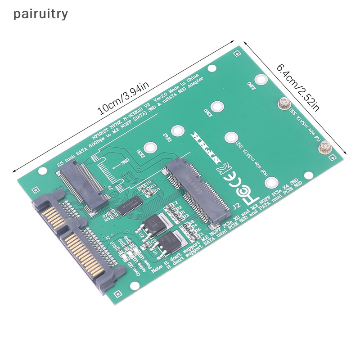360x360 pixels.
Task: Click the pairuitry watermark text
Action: click(40, 14)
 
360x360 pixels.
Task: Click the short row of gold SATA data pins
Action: click(49, 216)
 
